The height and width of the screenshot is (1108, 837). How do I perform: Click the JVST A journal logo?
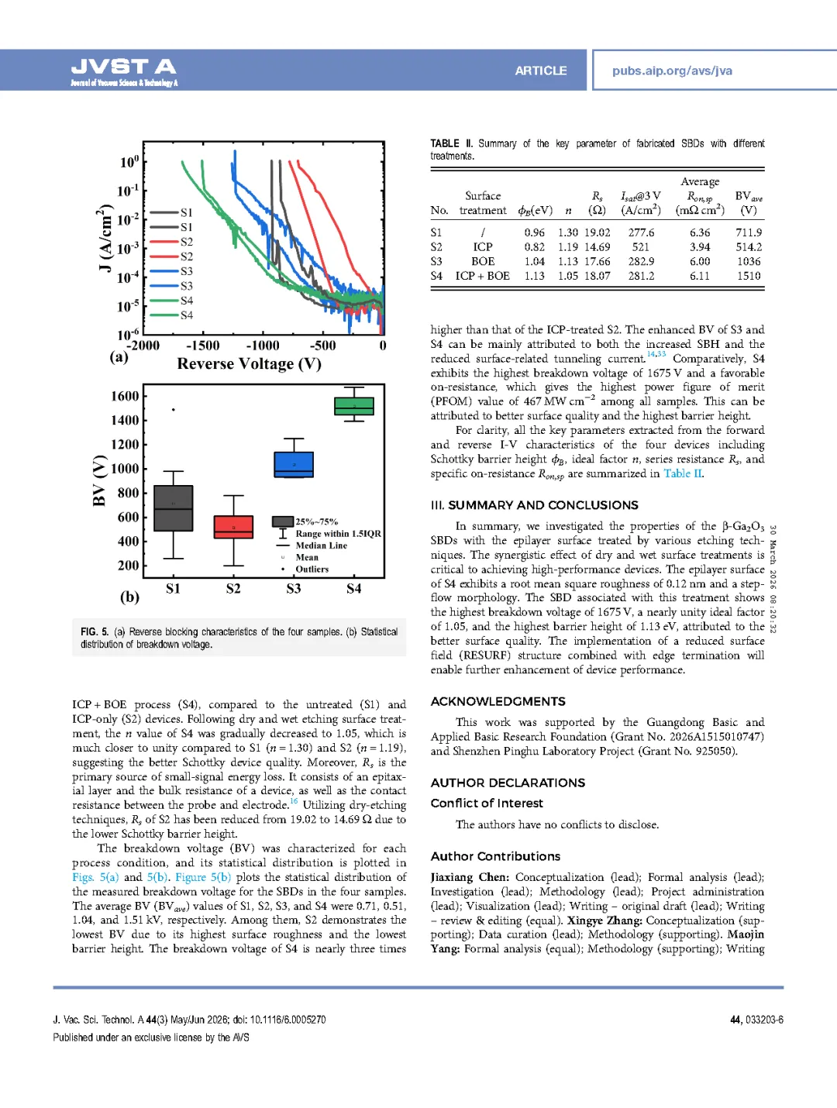point(124,71)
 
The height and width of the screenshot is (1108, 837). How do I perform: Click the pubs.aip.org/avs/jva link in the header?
point(672,71)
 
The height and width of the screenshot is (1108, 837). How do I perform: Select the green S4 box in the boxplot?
point(354,406)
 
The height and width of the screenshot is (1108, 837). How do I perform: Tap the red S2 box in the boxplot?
point(233,527)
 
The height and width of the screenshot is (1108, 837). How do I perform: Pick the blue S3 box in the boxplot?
point(294,464)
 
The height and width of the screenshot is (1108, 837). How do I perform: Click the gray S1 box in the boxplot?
point(173,508)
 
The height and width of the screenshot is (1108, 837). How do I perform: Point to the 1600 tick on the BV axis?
point(125,396)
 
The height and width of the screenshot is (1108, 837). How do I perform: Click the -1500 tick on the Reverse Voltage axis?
point(203,346)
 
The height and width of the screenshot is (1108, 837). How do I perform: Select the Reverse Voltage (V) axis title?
point(249,363)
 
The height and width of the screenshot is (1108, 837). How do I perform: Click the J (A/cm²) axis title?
point(103,238)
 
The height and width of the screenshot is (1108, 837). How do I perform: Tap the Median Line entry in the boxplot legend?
point(321,545)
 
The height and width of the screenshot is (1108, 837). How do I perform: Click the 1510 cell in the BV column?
point(749,276)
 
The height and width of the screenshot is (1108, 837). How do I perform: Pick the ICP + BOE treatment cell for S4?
point(482,276)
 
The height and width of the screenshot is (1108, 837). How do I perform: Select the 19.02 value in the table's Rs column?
point(597,232)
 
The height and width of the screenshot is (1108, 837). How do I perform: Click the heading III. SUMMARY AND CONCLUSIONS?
point(534,505)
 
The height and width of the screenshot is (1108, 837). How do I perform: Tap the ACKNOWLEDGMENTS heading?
point(498,701)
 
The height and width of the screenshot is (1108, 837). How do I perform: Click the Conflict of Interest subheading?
point(487,803)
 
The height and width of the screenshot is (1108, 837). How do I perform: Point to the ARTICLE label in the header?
point(540,71)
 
